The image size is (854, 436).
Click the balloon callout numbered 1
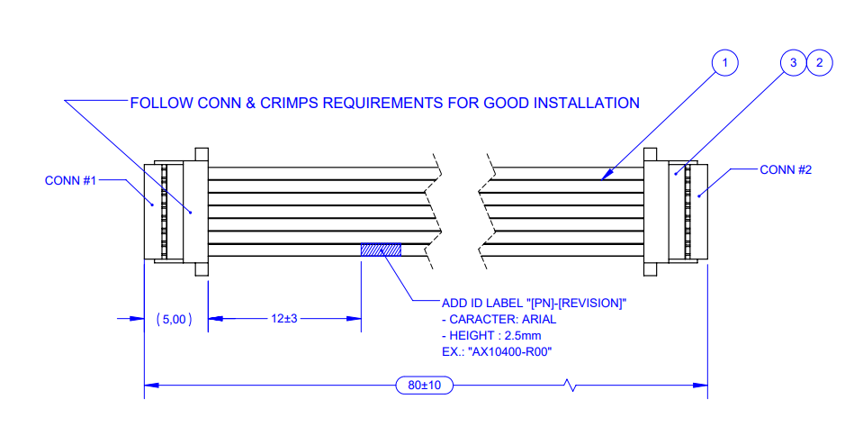pos(724,62)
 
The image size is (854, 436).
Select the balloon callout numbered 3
pos(792,62)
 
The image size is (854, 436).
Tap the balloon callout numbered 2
pos(819,62)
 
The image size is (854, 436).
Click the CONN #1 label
pos(70,180)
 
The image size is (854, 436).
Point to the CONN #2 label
pos(786,168)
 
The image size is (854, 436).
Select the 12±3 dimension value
pos(285,319)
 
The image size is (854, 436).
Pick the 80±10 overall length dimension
pos(424,386)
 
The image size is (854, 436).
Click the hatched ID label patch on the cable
pos(381,250)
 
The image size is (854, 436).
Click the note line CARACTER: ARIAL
pos(499,319)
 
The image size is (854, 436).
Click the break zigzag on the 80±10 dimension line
pos(569,386)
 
